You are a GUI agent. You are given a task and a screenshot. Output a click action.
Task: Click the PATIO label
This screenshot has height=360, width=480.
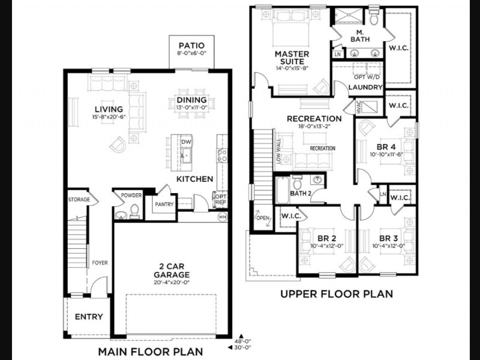coord(191,46)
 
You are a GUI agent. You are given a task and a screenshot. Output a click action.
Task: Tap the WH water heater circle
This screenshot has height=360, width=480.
coord(223,217)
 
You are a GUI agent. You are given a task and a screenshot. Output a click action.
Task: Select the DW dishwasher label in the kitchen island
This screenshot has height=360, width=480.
coord(186,142)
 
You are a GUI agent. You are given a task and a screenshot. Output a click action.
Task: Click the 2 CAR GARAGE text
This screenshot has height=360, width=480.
coord(172,271)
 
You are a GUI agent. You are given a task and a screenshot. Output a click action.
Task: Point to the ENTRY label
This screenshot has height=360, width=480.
coord(89,317)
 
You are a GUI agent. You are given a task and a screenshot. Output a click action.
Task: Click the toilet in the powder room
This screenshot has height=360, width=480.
coord(134,211)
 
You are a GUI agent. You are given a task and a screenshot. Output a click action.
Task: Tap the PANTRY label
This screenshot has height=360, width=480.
coord(164,204)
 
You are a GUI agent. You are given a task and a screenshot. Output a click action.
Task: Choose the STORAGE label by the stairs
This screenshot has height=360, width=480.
coord(79,200)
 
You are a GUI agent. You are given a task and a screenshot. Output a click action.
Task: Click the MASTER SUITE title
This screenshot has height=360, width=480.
coord(292,58)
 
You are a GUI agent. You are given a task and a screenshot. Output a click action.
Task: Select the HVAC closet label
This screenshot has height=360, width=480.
coord(359,107)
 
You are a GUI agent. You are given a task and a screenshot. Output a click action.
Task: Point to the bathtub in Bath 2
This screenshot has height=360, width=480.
coord(282,190)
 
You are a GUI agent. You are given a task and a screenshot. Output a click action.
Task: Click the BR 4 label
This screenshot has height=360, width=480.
coord(386,147)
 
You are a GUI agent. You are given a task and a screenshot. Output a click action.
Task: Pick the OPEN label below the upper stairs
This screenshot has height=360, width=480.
coord(263,218)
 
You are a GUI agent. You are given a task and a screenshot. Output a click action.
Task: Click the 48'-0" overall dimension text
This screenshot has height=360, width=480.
coord(243,341)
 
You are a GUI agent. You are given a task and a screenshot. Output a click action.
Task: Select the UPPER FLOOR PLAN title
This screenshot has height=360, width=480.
coord(337,294)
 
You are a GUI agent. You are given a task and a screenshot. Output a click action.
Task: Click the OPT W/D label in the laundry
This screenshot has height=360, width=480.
coord(367,77)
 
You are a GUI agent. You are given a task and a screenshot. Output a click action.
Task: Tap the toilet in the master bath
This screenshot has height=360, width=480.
coord(373,17)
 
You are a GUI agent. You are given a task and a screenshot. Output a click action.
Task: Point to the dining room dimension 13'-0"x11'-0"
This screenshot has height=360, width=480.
coord(191,107)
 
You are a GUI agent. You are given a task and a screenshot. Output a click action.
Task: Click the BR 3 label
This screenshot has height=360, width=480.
coord(388,238)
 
